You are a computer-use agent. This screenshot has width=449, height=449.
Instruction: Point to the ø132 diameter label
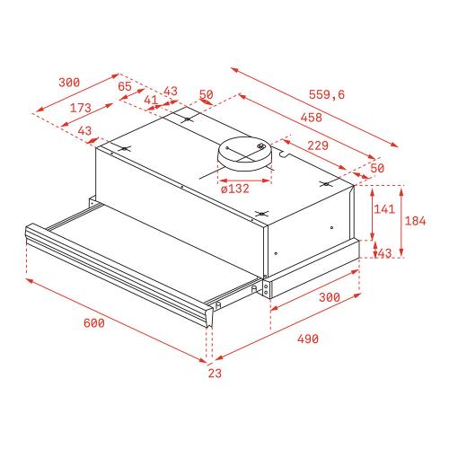coord(234,188)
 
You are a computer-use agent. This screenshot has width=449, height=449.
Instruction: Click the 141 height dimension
coord(383,209)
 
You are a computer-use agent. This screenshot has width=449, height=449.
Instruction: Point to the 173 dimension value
coord(81,108)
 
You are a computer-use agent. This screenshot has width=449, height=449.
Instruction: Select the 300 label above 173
coord(68,82)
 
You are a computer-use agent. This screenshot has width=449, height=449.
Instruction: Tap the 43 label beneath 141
coord(383,254)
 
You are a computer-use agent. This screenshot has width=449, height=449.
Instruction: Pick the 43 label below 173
coord(85,131)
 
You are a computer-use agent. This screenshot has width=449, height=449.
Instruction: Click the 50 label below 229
coord(376,168)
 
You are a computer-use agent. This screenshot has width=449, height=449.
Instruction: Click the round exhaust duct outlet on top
coord(248,156)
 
